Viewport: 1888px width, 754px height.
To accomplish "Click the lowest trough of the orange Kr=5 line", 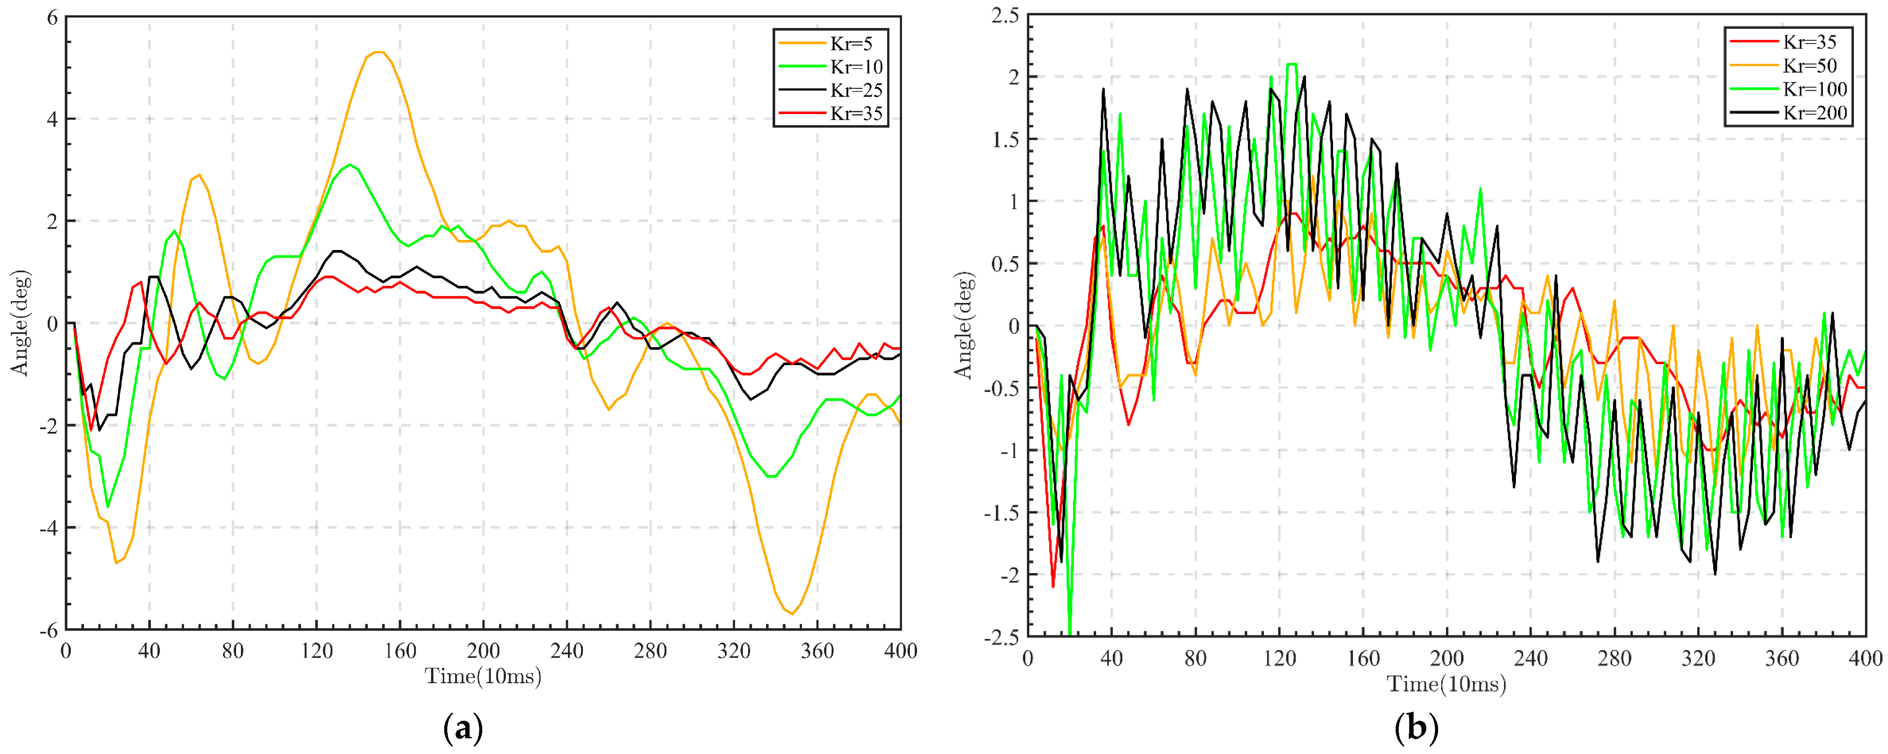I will click(x=791, y=613).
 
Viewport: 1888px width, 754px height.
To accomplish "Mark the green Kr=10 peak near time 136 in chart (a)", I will click(x=351, y=165).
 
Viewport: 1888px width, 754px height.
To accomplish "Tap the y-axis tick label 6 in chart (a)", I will click(x=52, y=17).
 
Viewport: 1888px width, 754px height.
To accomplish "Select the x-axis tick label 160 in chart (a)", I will click(x=400, y=651).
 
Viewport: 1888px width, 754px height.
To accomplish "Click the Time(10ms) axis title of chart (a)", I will click(x=483, y=676).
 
